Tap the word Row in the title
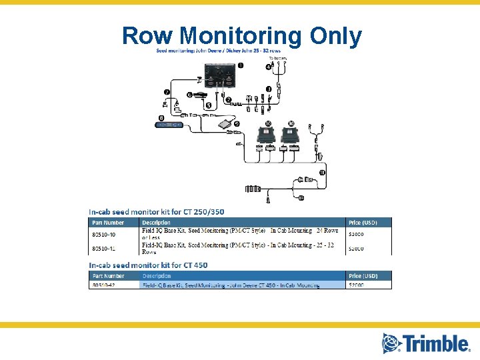point(148,37)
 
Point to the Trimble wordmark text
point(435,343)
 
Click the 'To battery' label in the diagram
point(278,59)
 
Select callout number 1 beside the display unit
point(241,65)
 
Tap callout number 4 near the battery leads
point(269,67)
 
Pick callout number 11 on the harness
point(322,173)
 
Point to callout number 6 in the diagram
point(189,95)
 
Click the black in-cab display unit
point(219,74)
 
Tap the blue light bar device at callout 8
point(169,125)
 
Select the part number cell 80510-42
point(103,285)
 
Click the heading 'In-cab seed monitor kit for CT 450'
point(148,265)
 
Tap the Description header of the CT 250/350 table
point(156,222)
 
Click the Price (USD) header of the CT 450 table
point(363,275)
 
